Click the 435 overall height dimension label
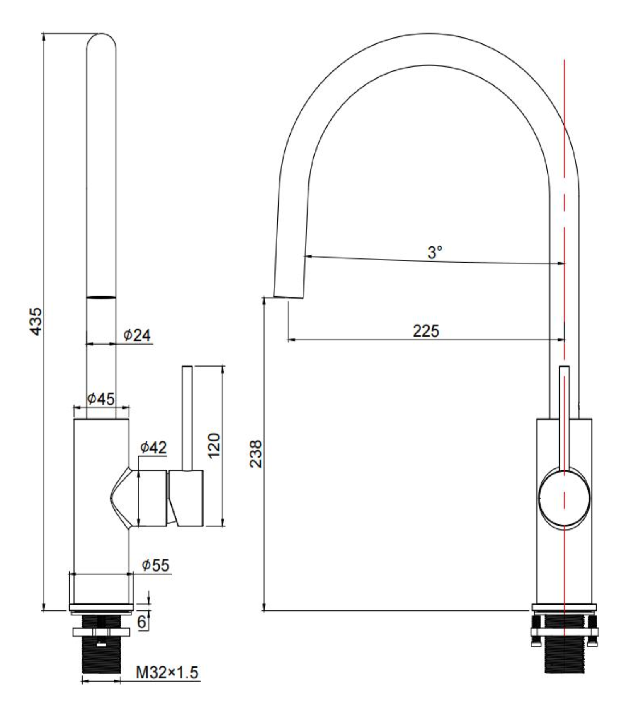coord(36,321)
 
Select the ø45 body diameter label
coord(101,399)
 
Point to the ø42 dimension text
coord(153,447)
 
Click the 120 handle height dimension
coord(214,445)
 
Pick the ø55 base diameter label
coord(155,565)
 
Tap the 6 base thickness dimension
coord(142,622)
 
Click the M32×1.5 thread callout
coord(167,673)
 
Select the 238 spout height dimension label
coord(256,454)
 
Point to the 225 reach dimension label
coord(426,331)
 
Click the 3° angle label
coord(434,252)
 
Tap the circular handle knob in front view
coord(564,498)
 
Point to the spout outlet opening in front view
coord(289,297)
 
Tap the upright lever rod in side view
coord(187,418)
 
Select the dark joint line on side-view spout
coord(101,297)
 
